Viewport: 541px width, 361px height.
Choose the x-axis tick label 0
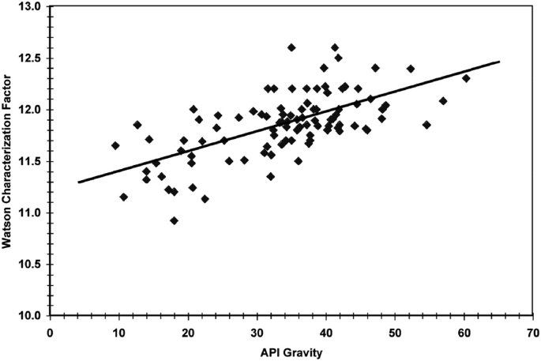pos(50,332)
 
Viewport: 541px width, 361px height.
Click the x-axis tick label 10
pos(119,332)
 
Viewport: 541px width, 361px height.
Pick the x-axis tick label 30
pos(257,332)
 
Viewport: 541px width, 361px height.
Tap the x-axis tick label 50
pos(395,332)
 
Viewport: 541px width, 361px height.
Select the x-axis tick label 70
pos(532,332)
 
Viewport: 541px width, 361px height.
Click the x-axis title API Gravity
pos(291,351)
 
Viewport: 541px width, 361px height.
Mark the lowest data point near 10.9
pos(174,220)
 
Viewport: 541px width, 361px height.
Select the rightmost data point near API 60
pos(466,78)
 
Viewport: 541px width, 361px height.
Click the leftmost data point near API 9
pos(115,145)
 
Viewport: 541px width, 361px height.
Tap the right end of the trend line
pos(499,61)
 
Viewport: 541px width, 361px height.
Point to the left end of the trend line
pos(78,182)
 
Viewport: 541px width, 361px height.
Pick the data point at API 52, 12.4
pos(411,69)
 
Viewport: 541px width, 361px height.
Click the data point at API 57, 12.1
pos(443,101)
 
